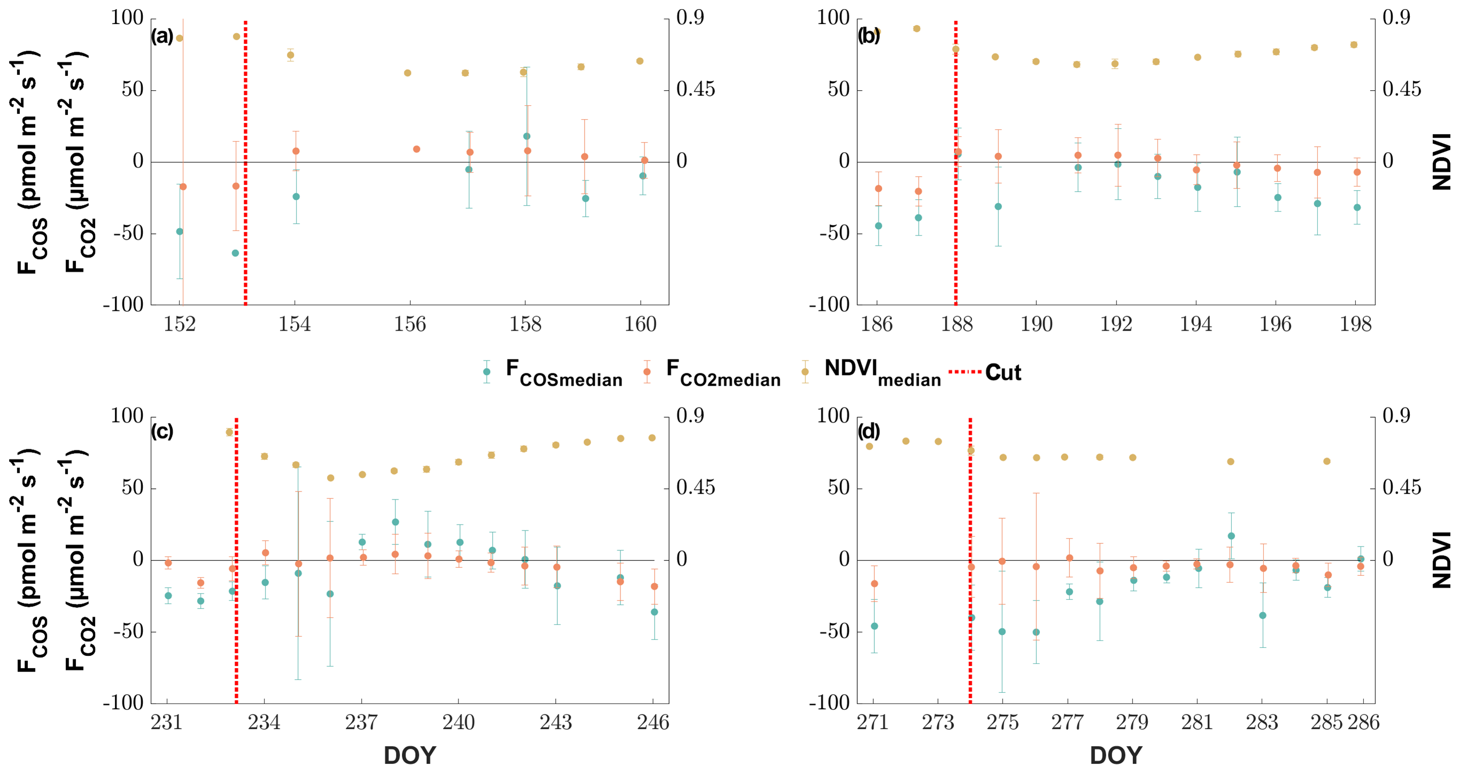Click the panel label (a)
pos(161,36)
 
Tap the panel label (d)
pos(868,432)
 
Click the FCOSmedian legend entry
pos(563,372)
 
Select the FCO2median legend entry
pos(723,372)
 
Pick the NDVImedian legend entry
pos(881,372)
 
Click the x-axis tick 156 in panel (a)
pos(410,324)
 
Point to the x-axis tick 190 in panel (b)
pos(1036,324)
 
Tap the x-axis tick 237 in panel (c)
pos(362,722)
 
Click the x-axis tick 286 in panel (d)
pos(1363,722)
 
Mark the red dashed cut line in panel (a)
pos(245,170)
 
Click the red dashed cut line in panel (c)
pos(236,595)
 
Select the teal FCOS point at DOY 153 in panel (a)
pos(235,253)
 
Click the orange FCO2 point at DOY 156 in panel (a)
pos(417,149)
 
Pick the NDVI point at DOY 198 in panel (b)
pos(1354,45)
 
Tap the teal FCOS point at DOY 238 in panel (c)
pos(395,522)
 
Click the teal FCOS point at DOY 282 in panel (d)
pos(1231,536)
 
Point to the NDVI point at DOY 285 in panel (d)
pos(1327,461)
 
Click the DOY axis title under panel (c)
pos(410,755)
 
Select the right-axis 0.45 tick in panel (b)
pos(1402,90)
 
